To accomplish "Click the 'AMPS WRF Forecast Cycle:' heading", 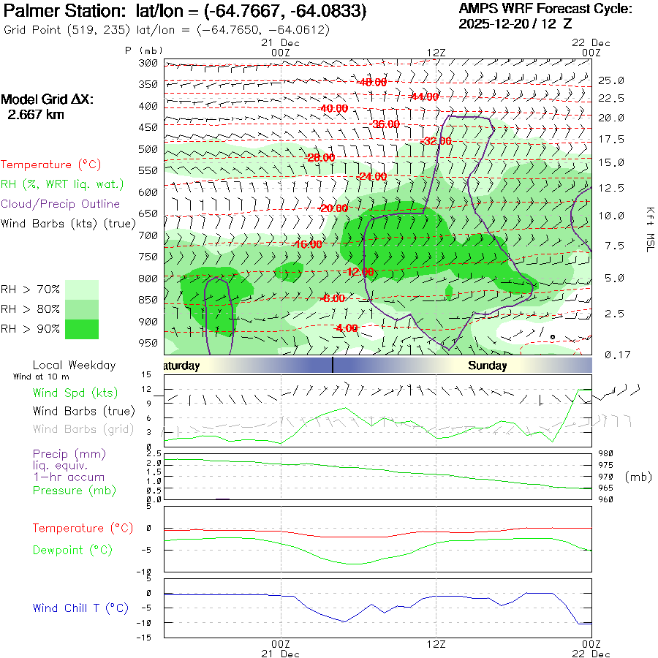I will tap(544, 9).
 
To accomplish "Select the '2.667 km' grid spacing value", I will tap(35, 114).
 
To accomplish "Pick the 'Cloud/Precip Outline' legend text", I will tap(61, 204).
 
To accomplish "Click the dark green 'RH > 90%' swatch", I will tap(82, 329).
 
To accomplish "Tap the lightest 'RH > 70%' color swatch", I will tap(82, 290).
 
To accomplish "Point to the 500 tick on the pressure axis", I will tap(148, 149).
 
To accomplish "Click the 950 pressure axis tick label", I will tap(148, 343).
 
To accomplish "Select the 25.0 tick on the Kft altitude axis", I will tap(611, 80).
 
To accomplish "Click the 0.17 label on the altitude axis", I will tap(613, 355).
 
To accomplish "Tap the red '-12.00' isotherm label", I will tap(359, 272).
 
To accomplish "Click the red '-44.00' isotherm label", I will tap(423, 97).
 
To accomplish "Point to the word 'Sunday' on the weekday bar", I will tap(488, 366).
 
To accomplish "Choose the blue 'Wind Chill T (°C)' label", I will tap(80, 608).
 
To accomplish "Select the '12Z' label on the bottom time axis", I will tap(436, 644).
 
